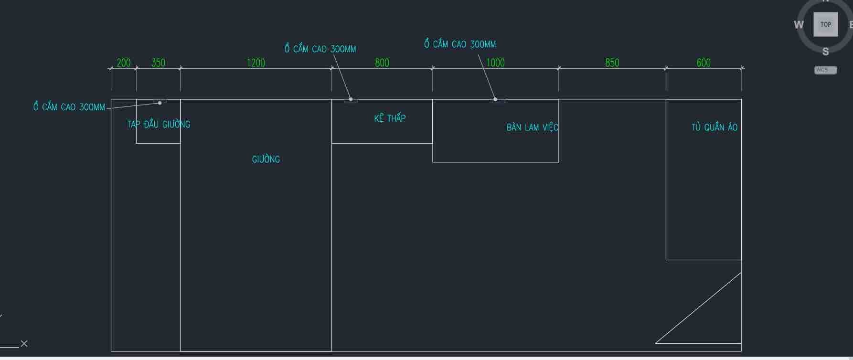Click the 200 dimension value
(123, 63)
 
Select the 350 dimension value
(158, 63)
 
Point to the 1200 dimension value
(256, 63)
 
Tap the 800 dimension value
(382, 63)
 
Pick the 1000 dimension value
(495, 63)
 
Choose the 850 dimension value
(612, 63)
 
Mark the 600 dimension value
(704, 63)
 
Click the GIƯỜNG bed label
(266, 159)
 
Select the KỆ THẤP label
(390, 118)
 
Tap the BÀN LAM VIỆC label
(532, 127)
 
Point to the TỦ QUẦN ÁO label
(714, 127)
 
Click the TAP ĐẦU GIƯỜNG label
(159, 125)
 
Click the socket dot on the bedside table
(160, 103)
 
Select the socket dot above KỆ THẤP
(351, 99)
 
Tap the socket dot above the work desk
(495, 99)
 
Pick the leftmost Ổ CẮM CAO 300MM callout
(69, 107)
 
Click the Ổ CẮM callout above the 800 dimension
(320, 49)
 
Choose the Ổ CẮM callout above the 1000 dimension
(460, 44)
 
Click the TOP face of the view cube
(825, 24)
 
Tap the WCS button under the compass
(825, 70)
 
